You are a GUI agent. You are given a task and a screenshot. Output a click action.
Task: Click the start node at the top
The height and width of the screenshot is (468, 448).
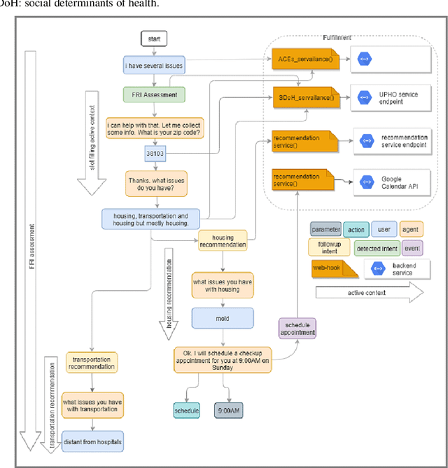pyautogui.click(x=154, y=39)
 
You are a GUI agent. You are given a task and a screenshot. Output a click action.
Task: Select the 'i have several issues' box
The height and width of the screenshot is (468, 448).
pyautogui.click(x=154, y=66)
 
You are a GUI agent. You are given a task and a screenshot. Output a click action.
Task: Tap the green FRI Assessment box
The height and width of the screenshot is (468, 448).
pyautogui.click(x=154, y=94)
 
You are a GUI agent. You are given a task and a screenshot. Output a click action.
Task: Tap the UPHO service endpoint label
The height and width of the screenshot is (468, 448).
pyautogui.click(x=383, y=97)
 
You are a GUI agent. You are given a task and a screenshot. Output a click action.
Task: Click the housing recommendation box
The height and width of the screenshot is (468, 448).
pyautogui.click(x=223, y=241)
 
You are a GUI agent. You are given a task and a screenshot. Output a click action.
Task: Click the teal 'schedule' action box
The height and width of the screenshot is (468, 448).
pyautogui.click(x=186, y=410)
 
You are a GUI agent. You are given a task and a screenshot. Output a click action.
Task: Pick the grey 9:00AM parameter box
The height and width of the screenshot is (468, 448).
pyautogui.click(x=229, y=410)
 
